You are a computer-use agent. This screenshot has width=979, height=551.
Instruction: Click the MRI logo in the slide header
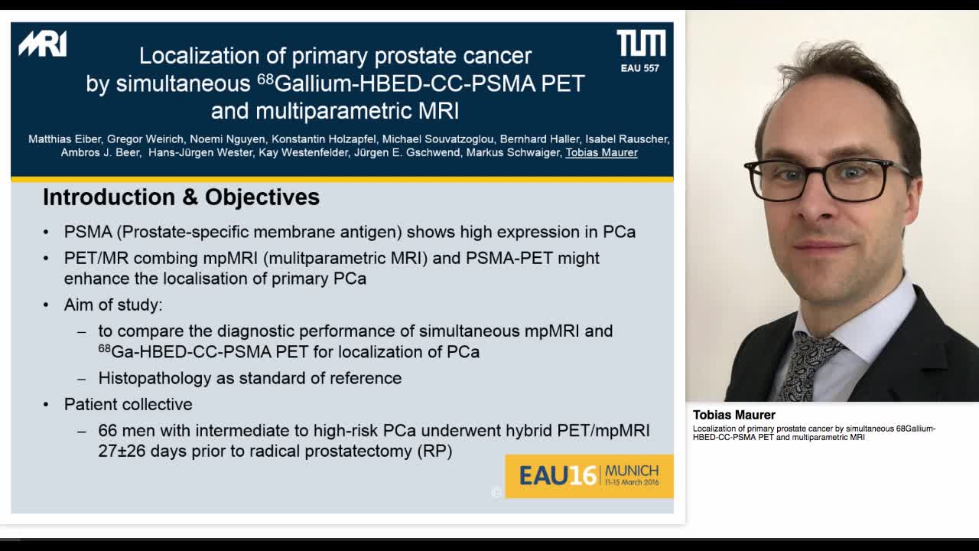(x=43, y=44)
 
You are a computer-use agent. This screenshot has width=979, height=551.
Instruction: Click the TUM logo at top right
(x=641, y=44)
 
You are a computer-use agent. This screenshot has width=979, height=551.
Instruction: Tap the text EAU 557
(x=640, y=68)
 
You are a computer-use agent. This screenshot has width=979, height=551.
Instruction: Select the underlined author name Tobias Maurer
(x=601, y=152)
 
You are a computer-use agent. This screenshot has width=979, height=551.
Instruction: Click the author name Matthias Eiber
(x=64, y=139)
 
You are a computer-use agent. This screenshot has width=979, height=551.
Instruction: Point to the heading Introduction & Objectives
(x=181, y=197)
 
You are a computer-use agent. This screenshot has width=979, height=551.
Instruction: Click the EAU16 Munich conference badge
(x=589, y=475)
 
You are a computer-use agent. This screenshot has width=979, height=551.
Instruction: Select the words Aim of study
(x=112, y=305)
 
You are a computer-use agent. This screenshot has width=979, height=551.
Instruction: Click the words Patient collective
(x=128, y=404)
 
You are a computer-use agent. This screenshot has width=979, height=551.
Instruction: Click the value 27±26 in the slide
(x=122, y=451)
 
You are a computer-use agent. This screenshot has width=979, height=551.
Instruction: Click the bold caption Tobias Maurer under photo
(x=734, y=415)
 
